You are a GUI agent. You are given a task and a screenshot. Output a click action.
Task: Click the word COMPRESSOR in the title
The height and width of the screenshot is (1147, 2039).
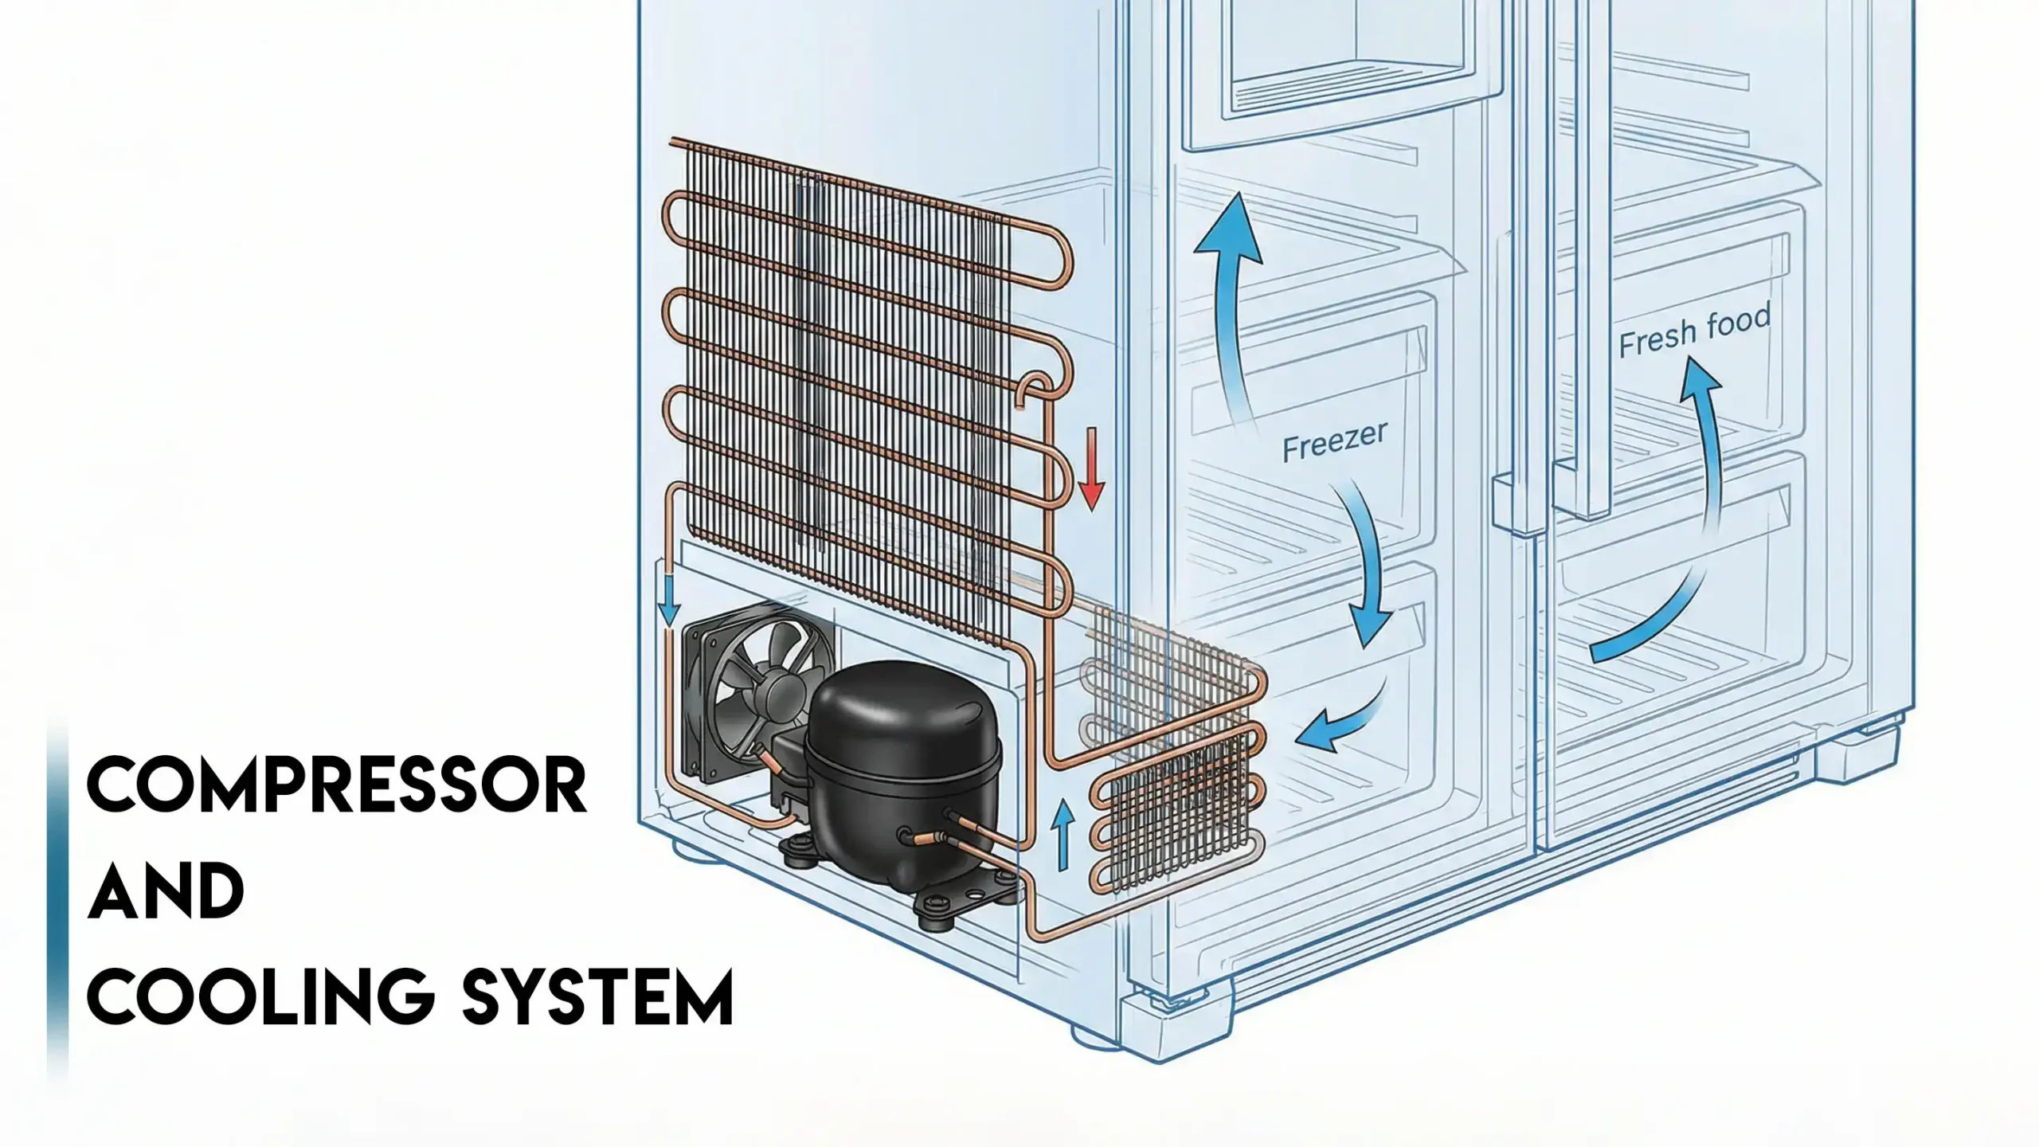pos(336,786)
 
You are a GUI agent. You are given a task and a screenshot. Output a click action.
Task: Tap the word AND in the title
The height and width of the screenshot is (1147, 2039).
pos(166,891)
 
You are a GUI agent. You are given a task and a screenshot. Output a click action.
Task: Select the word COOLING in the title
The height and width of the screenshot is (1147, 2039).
pos(260,996)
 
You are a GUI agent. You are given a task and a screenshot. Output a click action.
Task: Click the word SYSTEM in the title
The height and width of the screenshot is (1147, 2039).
pos(597,996)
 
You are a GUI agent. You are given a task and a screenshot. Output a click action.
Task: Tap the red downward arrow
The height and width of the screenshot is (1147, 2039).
pos(1090,469)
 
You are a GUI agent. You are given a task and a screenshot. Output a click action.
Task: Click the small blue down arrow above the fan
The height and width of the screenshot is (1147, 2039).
pos(670,601)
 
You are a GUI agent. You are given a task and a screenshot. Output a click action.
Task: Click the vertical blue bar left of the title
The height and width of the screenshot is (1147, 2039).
pos(57,892)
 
